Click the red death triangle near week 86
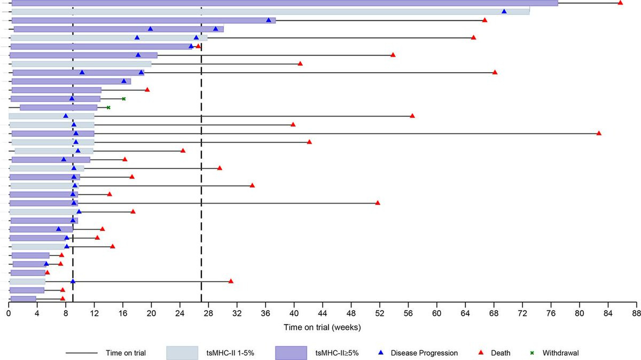(620, 3)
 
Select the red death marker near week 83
(599, 133)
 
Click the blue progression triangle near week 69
(504, 11)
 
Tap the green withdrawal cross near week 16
(123, 99)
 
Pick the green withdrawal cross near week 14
(108, 107)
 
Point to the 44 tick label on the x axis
(323, 314)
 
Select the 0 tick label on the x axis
(9, 314)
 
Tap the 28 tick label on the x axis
(208, 314)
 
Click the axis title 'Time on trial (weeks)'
(323, 326)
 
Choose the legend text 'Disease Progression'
(424, 353)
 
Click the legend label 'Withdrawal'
(561, 353)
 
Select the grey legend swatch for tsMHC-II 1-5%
(183, 353)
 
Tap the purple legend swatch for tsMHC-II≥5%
(291, 353)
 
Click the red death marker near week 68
(495, 72)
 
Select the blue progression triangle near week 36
(269, 20)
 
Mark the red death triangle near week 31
(231, 281)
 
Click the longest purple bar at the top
(283, 3)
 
